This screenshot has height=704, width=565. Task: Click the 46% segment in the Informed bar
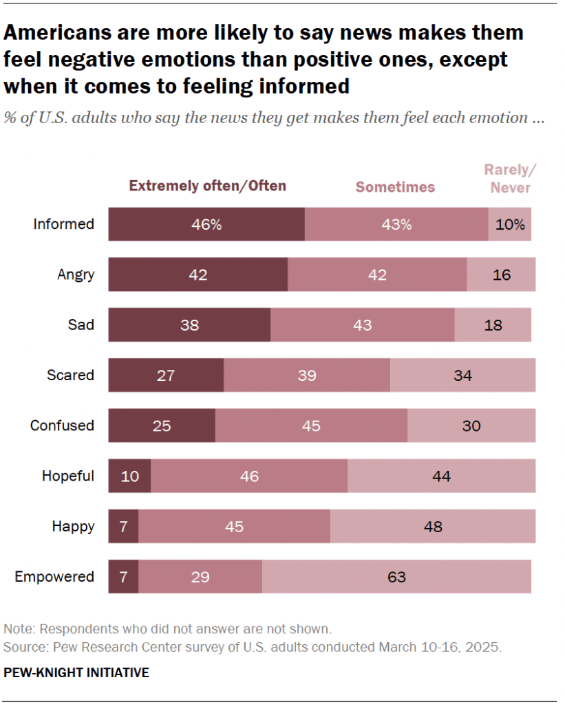[206, 224]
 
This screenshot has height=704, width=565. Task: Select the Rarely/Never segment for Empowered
[396, 576]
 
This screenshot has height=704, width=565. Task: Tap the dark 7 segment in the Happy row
[123, 527]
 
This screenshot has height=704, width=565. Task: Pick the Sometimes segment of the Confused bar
[311, 426]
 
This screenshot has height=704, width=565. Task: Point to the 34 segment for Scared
[462, 375]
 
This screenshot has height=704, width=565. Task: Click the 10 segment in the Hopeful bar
[129, 476]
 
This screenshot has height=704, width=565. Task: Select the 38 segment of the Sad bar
[189, 325]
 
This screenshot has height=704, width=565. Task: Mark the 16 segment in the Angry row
[501, 274]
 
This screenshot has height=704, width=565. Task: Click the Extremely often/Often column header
[208, 186]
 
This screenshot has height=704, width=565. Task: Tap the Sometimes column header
[395, 187]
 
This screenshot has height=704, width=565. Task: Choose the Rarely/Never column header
[510, 179]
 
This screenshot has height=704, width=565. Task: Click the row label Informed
[63, 224]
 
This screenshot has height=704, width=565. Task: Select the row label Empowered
[54, 576]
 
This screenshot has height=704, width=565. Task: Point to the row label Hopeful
[67, 476]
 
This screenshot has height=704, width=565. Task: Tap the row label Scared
[70, 375]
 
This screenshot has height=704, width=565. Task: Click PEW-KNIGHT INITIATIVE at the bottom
[76, 672]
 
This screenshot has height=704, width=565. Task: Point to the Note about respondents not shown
[168, 628]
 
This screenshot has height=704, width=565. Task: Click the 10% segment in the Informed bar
[509, 224]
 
